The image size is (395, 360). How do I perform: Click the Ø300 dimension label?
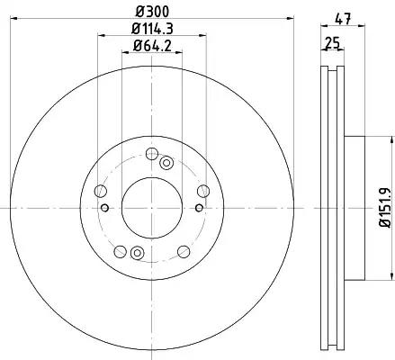point(152,12)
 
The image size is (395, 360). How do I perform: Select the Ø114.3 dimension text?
point(152,29)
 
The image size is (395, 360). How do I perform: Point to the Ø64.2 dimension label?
point(152,46)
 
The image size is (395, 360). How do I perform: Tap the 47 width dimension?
point(343,20)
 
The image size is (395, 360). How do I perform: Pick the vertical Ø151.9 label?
point(385,208)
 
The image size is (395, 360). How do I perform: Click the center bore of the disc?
point(152,208)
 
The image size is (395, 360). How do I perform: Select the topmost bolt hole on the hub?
point(152,154)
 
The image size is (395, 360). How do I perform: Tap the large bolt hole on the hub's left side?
point(101,191)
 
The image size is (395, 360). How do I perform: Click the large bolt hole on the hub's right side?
point(203,191)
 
